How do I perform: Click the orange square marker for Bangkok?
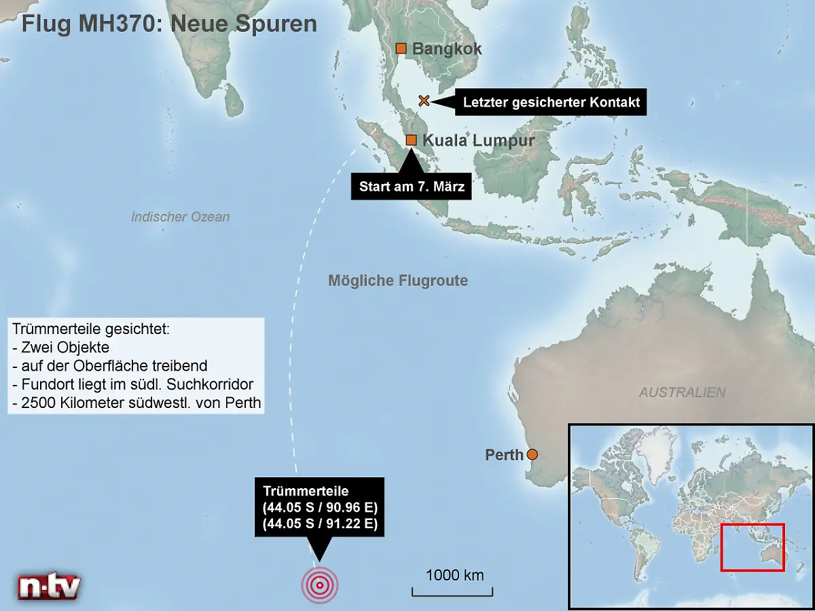coord(401,48)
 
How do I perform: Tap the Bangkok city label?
coord(447,49)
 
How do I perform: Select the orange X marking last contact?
coord(424,101)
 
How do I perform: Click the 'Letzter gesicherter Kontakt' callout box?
coord(551,103)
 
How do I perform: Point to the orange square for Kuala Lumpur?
coord(411,140)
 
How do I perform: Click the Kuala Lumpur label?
coord(478,141)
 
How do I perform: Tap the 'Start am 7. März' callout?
coord(412,187)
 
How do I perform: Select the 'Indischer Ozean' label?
coord(180,217)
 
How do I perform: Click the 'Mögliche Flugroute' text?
coord(398,280)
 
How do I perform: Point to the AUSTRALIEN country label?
coord(682,392)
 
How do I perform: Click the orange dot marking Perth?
coord(532,454)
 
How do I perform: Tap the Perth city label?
coord(504,455)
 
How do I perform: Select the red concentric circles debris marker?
coord(319,585)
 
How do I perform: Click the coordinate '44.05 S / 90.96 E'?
coord(319,507)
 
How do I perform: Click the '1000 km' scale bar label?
coord(455,576)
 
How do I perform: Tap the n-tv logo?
coord(49,586)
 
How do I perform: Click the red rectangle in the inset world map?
coord(753,547)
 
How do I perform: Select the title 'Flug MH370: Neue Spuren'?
coord(169,24)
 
